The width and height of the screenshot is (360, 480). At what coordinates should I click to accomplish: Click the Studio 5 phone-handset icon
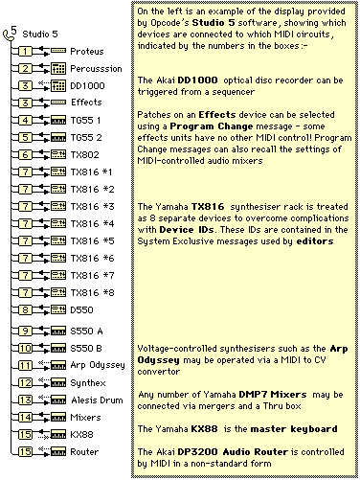[x=9, y=34]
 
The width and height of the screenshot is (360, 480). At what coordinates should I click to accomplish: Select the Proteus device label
[x=87, y=51]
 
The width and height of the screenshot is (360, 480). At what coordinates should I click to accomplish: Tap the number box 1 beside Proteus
[x=25, y=51]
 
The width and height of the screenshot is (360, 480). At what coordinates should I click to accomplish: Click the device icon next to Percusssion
[x=58, y=68]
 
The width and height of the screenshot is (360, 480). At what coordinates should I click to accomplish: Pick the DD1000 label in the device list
[x=87, y=85]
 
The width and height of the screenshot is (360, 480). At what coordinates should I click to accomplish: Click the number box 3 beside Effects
[x=25, y=103]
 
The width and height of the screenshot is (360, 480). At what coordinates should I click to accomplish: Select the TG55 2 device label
[x=86, y=137]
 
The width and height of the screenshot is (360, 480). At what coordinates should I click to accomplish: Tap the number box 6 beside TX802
[x=25, y=154]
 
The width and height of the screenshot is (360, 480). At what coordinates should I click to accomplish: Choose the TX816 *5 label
[x=92, y=240]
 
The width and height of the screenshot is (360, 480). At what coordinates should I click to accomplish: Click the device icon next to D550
[x=58, y=309]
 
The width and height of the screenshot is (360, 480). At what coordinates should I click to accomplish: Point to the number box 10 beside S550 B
[x=25, y=348]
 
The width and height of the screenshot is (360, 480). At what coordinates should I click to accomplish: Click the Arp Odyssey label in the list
[x=98, y=365]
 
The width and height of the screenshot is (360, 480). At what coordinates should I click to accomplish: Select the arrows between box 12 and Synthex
[x=42, y=382]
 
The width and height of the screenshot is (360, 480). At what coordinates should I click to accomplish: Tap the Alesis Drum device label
[x=97, y=400]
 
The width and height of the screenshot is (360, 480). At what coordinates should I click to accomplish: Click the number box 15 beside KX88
[x=25, y=434]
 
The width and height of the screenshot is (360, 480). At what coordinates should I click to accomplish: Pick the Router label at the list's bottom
[x=84, y=451]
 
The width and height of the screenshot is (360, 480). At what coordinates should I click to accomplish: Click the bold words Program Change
[x=212, y=126]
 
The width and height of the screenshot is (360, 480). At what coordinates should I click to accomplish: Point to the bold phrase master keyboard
[x=294, y=429]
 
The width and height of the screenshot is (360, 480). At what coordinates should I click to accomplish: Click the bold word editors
[x=315, y=241]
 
